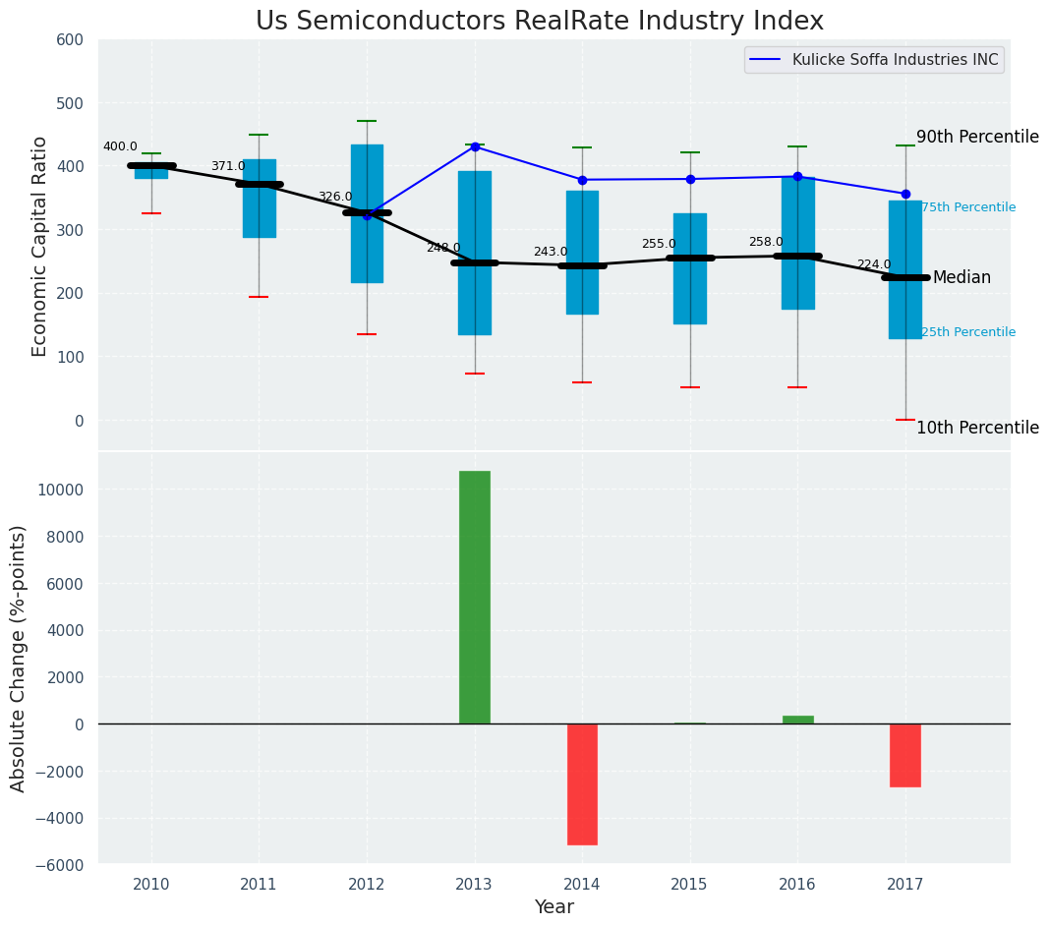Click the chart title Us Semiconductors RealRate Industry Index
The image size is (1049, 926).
pyautogui.click(x=539, y=22)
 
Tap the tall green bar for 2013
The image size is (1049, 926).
pyautogui.click(x=475, y=597)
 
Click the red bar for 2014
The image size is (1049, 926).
pyautogui.click(x=582, y=783)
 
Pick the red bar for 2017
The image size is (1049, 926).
pyautogui.click(x=905, y=755)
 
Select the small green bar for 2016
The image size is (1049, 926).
pyautogui.click(x=797, y=720)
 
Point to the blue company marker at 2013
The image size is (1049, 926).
pyautogui.click(x=475, y=146)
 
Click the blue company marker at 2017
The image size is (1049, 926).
pyautogui.click(x=905, y=194)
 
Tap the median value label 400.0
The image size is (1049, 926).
pyautogui.click(x=120, y=147)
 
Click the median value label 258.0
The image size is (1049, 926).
pyautogui.click(x=766, y=242)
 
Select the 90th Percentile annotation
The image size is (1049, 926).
pyautogui.click(x=977, y=138)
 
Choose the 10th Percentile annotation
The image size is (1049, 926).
pyautogui.click(x=977, y=428)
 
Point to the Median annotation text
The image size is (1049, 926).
pyautogui.click(x=962, y=278)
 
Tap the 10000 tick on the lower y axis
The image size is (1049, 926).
pyautogui.click(x=62, y=491)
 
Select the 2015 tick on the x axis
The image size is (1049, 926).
pyautogui.click(x=689, y=885)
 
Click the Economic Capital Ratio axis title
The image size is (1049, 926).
pyautogui.click(x=40, y=246)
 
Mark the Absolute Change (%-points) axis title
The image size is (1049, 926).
pyautogui.click(x=19, y=658)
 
